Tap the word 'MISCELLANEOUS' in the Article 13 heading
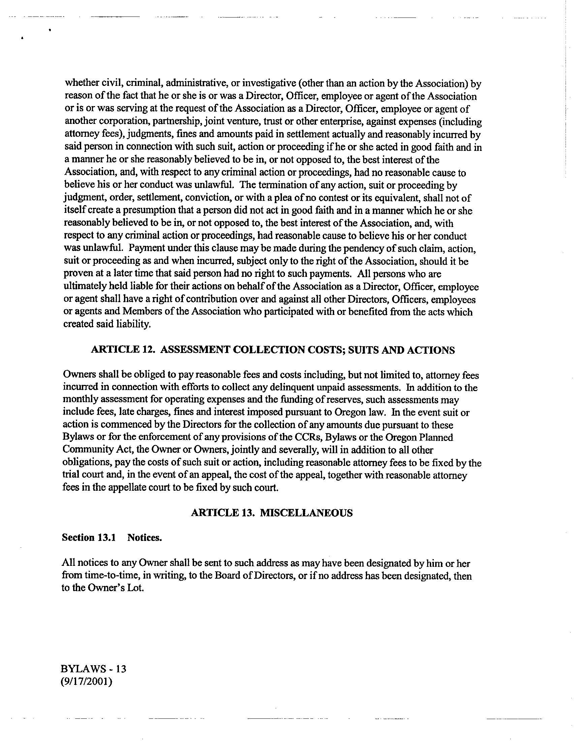tap(306, 513)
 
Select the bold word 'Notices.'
tap(145, 538)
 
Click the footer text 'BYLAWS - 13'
tap(93, 669)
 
